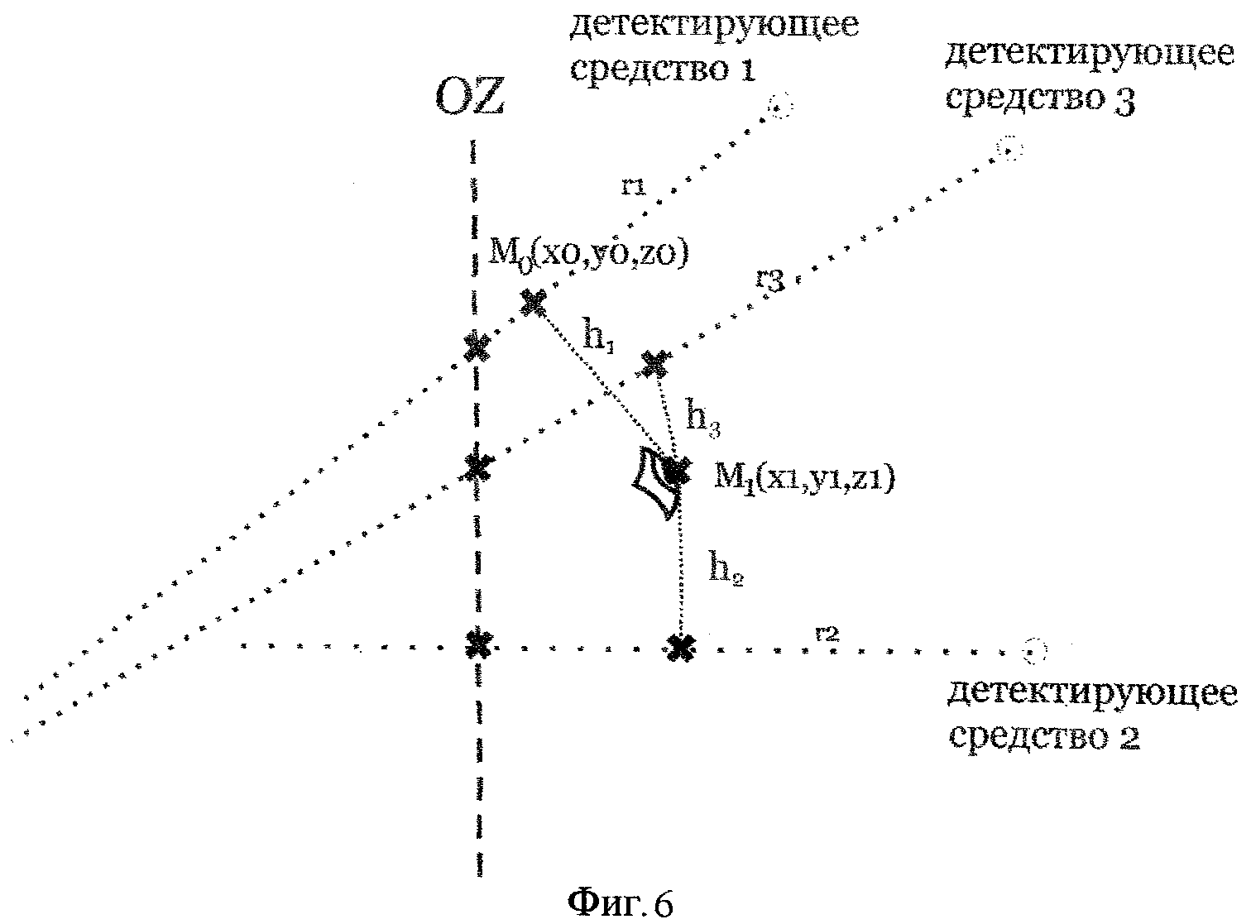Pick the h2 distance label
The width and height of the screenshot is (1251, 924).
(x=726, y=570)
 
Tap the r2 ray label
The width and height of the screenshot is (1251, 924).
(x=827, y=634)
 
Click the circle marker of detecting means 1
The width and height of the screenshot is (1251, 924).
(x=779, y=107)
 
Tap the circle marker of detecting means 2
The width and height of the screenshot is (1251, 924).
(x=1034, y=652)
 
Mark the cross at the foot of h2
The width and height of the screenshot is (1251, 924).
(x=680, y=648)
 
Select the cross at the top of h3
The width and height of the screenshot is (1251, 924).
(x=654, y=362)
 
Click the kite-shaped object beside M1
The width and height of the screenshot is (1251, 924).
(x=654, y=483)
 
